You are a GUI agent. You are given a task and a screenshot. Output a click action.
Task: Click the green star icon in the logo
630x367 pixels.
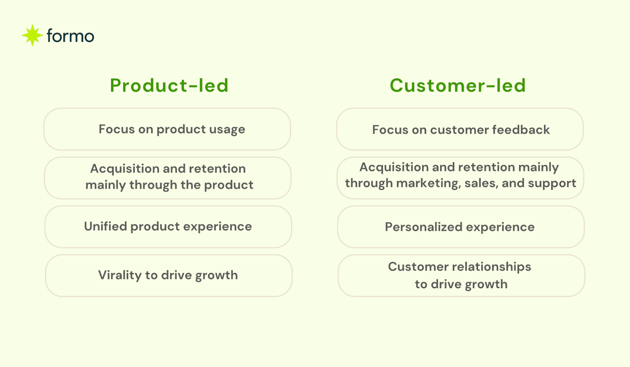(x=32, y=35)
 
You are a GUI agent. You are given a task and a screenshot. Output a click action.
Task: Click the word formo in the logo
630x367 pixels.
(x=70, y=36)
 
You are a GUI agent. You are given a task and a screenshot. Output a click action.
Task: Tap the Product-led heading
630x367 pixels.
(x=169, y=85)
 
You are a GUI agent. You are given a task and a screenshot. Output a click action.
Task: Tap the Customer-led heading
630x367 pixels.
(x=458, y=85)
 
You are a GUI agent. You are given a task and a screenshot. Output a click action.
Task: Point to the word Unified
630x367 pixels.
(x=105, y=226)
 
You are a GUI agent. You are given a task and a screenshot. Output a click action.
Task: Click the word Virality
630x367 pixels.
(x=119, y=275)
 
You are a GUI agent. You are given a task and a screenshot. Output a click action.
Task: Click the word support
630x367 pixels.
(x=552, y=183)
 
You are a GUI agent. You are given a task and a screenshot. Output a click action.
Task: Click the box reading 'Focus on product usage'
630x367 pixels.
(x=167, y=129)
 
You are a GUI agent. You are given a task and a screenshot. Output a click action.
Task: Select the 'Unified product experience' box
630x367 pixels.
(x=168, y=227)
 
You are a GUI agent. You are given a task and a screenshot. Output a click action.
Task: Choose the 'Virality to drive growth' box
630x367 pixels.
(x=169, y=276)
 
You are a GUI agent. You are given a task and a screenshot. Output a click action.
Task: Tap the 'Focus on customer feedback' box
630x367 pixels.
(x=460, y=129)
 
